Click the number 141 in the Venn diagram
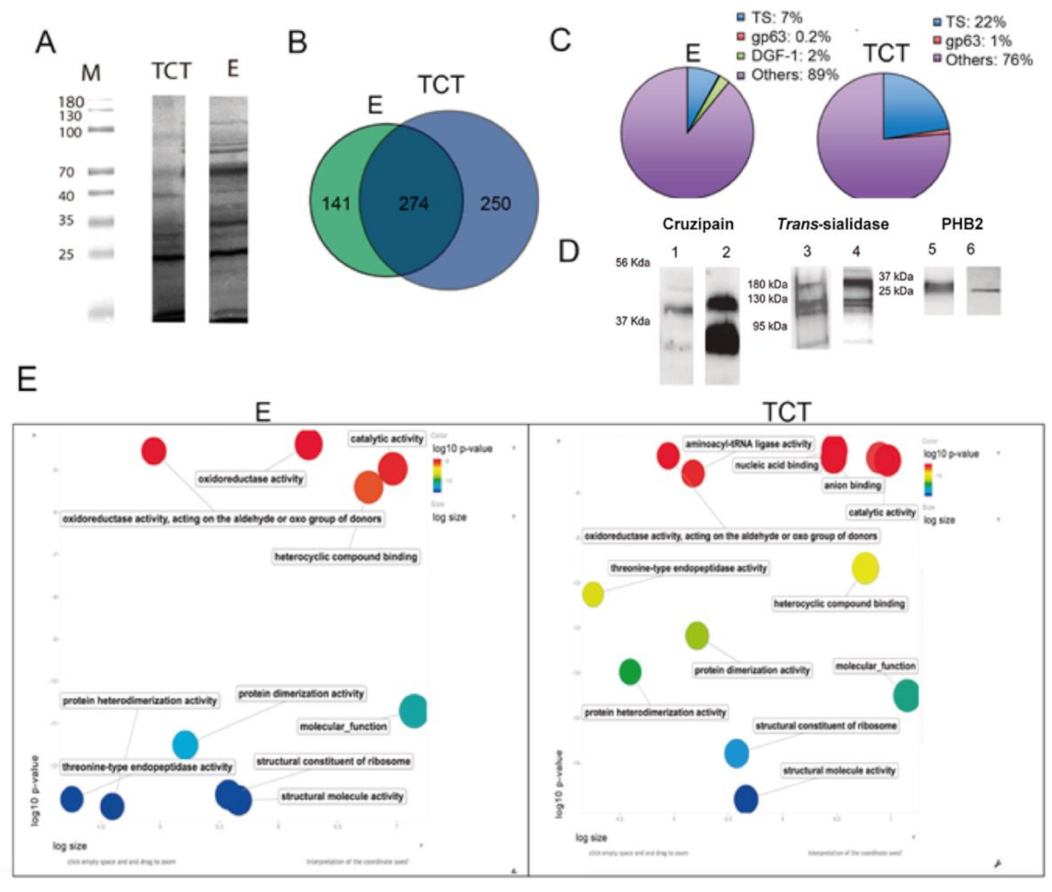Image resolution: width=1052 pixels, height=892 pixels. click(336, 204)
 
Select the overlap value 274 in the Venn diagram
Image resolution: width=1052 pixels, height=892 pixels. click(413, 204)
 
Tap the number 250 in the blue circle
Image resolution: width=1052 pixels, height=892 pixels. click(495, 204)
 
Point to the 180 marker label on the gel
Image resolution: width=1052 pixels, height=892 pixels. click(71, 102)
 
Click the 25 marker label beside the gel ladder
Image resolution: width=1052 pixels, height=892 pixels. click(66, 255)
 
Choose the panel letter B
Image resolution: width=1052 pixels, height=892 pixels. click(297, 43)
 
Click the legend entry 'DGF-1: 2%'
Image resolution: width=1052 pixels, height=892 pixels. click(789, 56)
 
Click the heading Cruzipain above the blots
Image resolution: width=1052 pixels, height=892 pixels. click(697, 224)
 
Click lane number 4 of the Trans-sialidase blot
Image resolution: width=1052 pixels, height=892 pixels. click(856, 251)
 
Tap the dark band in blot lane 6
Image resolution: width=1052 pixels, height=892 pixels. click(984, 291)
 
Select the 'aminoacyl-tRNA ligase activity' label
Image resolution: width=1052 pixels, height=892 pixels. click(748, 444)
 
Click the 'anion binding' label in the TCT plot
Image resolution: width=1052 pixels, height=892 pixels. click(852, 485)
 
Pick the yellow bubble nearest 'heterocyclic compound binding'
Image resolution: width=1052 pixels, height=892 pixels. click(865, 568)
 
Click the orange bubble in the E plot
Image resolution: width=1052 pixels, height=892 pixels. click(368, 487)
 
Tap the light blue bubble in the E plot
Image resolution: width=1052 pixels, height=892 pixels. click(185, 744)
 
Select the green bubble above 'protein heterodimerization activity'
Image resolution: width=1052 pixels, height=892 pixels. click(630, 672)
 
